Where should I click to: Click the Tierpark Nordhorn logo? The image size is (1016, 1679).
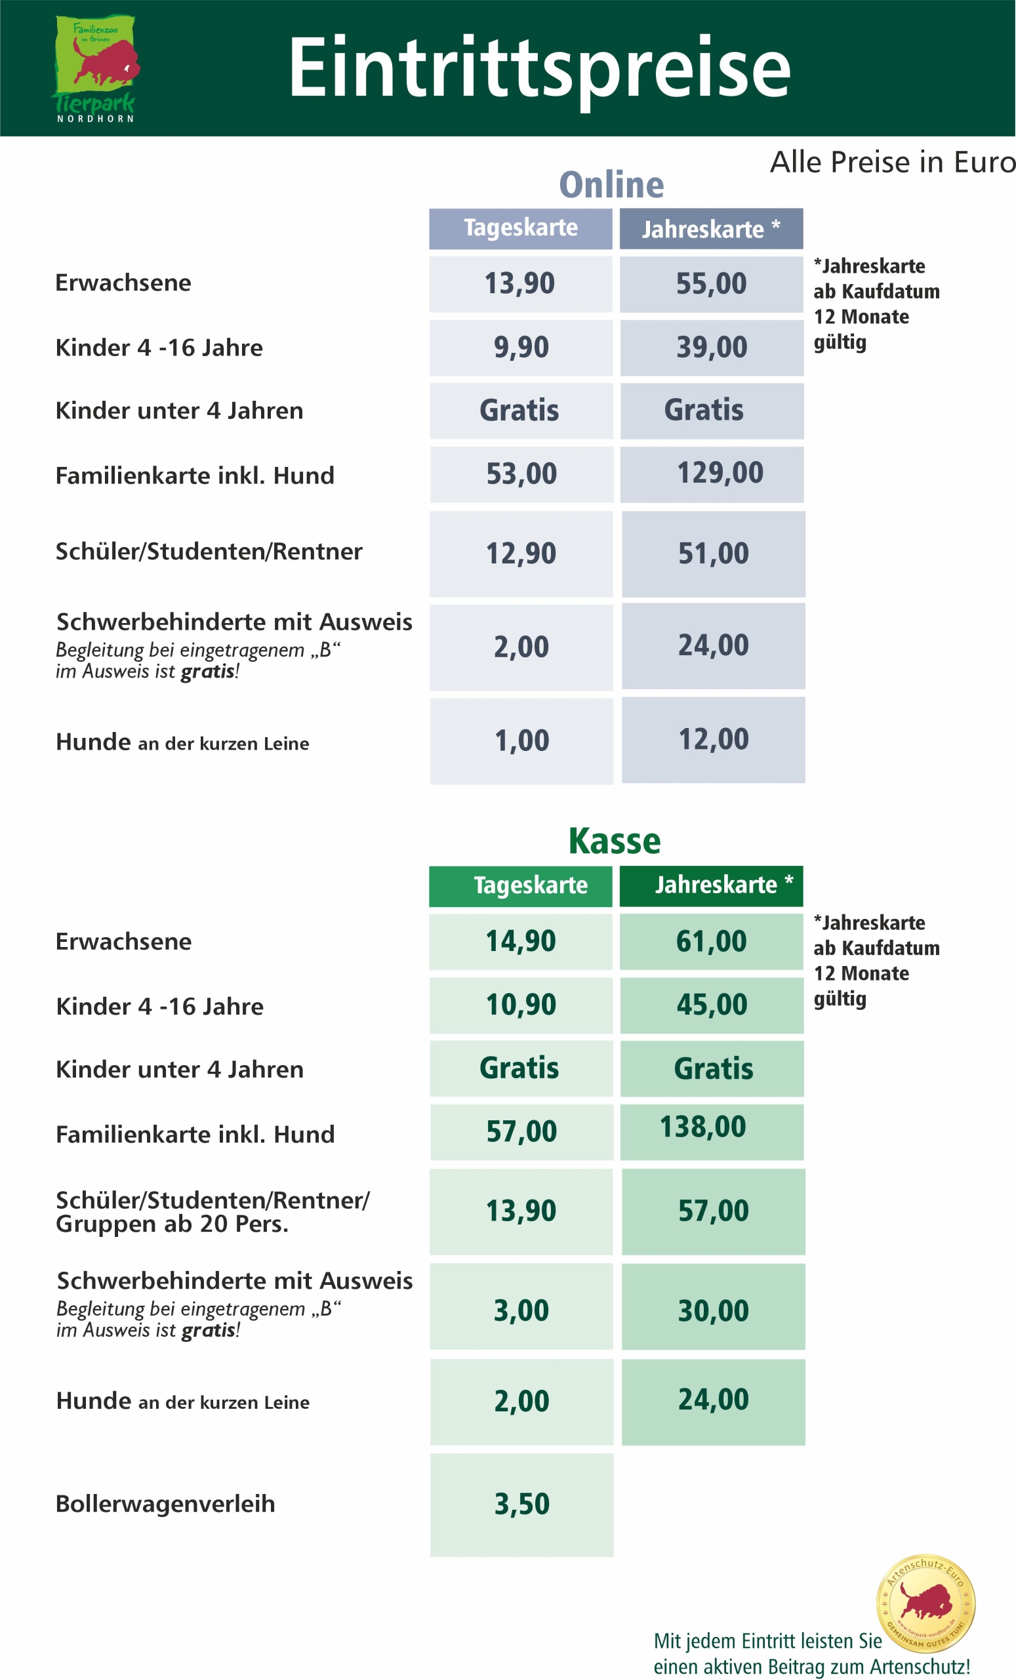[96, 68]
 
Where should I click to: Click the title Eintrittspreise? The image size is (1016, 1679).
[539, 68]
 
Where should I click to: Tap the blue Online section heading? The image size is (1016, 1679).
[611, 185]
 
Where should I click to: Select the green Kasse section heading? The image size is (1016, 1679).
[614, 841]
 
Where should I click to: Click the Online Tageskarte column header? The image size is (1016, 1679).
[521, 228]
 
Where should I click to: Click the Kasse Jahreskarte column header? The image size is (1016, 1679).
[712, 885]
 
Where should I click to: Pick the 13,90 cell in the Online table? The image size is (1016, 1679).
[520, 283]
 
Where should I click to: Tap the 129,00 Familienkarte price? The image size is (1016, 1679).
[720, 473]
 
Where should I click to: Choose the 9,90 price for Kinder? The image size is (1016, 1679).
[521, 348]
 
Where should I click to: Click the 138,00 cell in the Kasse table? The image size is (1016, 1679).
[702, 1127]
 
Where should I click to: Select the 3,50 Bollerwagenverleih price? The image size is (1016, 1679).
[521, 1504]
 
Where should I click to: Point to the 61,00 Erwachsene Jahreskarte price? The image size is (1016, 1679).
[712, 941]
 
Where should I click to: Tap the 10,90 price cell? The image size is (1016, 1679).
[521, 1005]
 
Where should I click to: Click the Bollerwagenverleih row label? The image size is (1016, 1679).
[165, 1504]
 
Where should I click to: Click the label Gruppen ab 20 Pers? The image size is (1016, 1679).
[172, 1224]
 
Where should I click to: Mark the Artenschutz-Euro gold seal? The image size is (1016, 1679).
[925, 1603]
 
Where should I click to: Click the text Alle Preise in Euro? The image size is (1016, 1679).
[892, 162]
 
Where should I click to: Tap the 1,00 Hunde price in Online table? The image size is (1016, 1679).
[521, 740]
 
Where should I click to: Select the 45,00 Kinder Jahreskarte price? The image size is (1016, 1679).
[712, 1005]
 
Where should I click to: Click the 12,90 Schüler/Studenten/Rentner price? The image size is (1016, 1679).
[521, 554]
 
